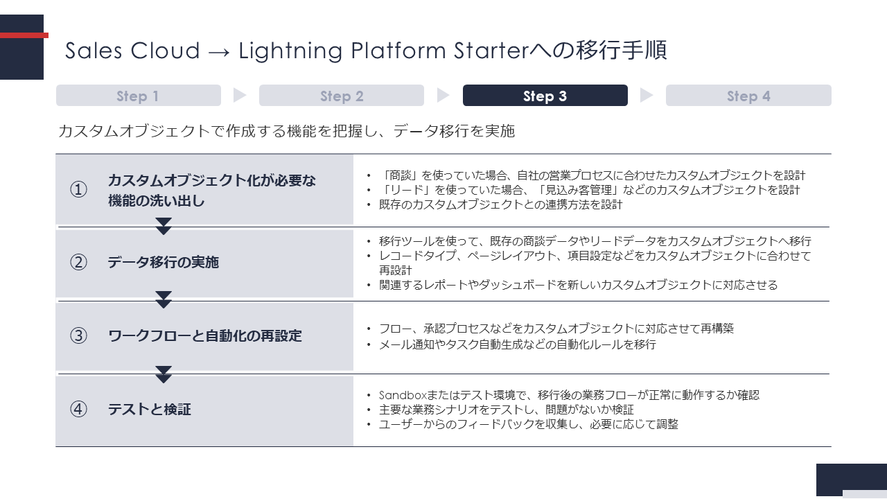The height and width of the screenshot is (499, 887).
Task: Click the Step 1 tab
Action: pyautogui.click(x=138, y=96)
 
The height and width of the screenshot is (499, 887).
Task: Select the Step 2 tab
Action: pyautogui.click(x=342, y=96)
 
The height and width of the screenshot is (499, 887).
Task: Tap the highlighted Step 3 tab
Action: pyautogui.click(x=545, y=96)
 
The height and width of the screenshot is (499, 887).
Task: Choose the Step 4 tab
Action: pyautogui.click(x=748, y=96)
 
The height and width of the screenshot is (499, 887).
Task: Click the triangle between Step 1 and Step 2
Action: pyautogui.click(x=240, y=95)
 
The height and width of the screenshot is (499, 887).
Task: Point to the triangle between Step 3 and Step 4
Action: pyautogui.click(x=647, y=95)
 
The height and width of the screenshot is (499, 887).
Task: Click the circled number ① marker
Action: pyautogui.click(x=78, y=189)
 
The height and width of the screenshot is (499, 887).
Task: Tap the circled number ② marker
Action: pyautogui.click(x=78, y=262)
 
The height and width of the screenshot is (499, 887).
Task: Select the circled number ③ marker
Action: pyautogui.click(x=78, y=336)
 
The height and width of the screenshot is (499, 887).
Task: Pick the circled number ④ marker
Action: pyautogui.click(x=78, y=409)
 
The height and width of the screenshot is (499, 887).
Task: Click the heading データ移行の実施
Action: pyautogui.click(x=163, y=262)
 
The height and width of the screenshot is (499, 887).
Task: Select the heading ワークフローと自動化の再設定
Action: pyautogui.click(x=204, y=336)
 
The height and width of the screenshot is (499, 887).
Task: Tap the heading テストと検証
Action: pyautogui.click(x=149, y=409)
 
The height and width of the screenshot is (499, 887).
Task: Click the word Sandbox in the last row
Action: pyautogui.click(x=403, y=395)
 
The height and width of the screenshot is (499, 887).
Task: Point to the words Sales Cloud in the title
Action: pyautogui.click(x=132, y=51)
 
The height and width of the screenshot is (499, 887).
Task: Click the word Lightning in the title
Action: pyautogui.click(x=290, y=51)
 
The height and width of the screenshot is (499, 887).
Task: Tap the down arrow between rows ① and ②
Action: pyautogui.click(x=163, y=226)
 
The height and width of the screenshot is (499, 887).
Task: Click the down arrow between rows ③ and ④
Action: pyautogui.click(x=163, y=374)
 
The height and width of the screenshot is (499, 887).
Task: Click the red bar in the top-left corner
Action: pyautogui.click(x=24, y=35)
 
